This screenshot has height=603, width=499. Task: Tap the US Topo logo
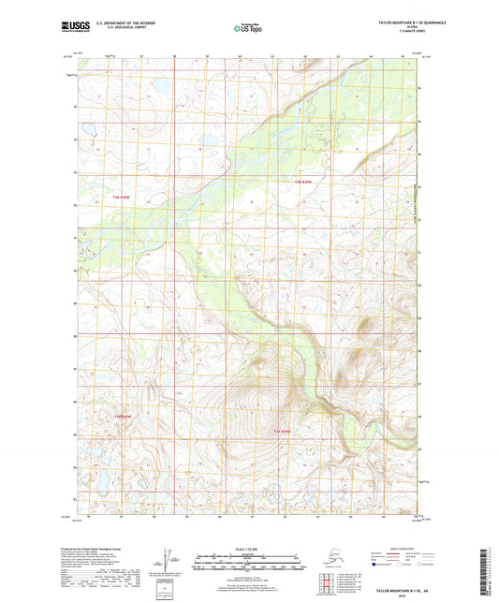[249, 29]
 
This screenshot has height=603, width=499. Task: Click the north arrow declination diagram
[168, 558]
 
